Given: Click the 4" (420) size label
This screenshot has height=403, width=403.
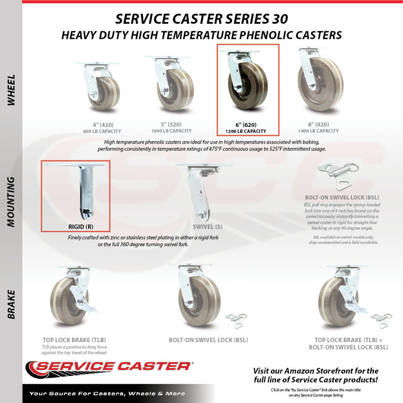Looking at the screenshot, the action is pyautogui.click(x=103, y=125).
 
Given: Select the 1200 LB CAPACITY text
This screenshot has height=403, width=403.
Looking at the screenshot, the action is pyautogui.click(x=246, y=131).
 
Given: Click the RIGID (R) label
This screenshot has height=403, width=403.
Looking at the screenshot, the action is pyautogui.click(x=81, y=227).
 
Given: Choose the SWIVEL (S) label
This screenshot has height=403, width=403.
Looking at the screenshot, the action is pyautogui.click(x=207, y=227).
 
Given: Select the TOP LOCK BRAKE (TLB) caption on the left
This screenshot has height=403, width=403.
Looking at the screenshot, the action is pyautogui.click(x=74, y=340).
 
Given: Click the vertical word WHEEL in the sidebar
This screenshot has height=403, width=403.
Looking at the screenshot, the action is pyautogui.click(x=11, y=90).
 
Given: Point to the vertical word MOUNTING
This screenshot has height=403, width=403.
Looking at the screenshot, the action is pyautogui.click(x=11, y=202).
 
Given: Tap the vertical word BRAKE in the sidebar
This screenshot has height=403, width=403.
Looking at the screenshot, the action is pyautogui.click(x=11, y=305).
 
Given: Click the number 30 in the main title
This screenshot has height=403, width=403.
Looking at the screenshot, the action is pyautogui.click(x=279, y=19).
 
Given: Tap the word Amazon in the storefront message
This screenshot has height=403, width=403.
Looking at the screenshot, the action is pyautogui.click(x=299, y=371).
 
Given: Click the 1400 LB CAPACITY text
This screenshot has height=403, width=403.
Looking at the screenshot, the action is pyautogui.click(x=318, y=131).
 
